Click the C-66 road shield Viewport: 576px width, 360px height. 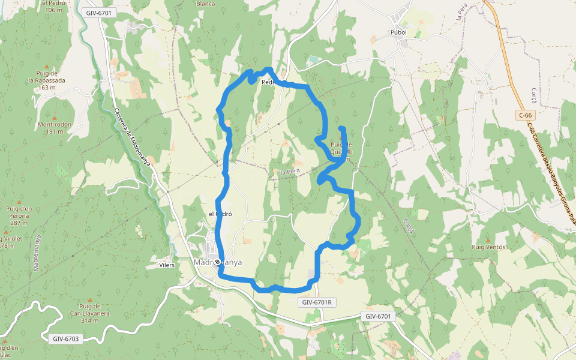click(x=526, y=115)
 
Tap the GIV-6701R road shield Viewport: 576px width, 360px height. click(x=317, y=302)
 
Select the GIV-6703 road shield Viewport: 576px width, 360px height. click(x=66, y=338)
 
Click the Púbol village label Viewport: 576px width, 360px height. click(x=398, y=32)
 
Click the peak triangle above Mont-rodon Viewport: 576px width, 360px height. click(x=55, y=117)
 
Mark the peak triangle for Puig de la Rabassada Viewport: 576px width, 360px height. click(x=47, y=66)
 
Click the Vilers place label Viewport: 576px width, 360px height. click(x=166, y=265)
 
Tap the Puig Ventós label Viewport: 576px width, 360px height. click(x=489, y=247)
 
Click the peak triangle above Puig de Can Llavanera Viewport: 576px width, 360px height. click(x=90, y=299)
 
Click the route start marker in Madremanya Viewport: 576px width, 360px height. click(x=217, y=262)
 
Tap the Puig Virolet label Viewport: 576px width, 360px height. click(x=12, y=238)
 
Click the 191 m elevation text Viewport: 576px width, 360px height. click(x=55, y=131)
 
